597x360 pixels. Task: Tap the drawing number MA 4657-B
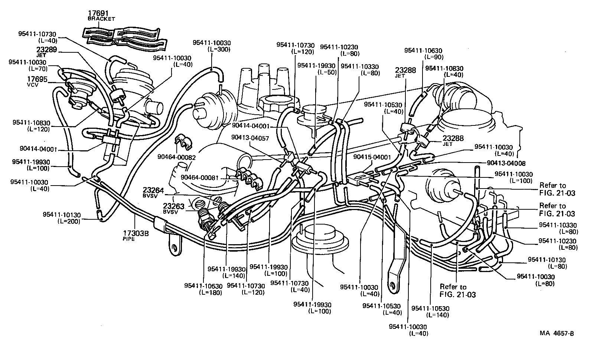tap(557, 333)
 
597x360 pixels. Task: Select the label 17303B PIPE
tap(135, 235)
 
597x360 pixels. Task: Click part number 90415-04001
tap(372, 157)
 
